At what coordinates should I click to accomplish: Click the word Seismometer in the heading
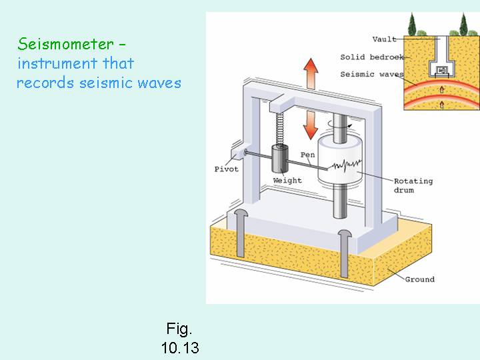pos(66,45)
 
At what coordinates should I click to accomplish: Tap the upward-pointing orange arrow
pos(311,72)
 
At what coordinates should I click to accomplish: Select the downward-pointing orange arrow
pos(311,123)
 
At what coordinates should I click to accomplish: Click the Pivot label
pos(226,169)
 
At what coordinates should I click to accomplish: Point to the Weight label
pos(287,181)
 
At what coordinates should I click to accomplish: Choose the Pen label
pos(308,155)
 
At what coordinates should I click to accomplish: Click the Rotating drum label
pos(413,185)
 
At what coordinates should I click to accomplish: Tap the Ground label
pos(419,279)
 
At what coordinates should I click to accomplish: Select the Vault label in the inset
pos(385,39)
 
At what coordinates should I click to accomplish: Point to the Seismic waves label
pos(371,74)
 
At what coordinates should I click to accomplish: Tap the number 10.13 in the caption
pos(179,347)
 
